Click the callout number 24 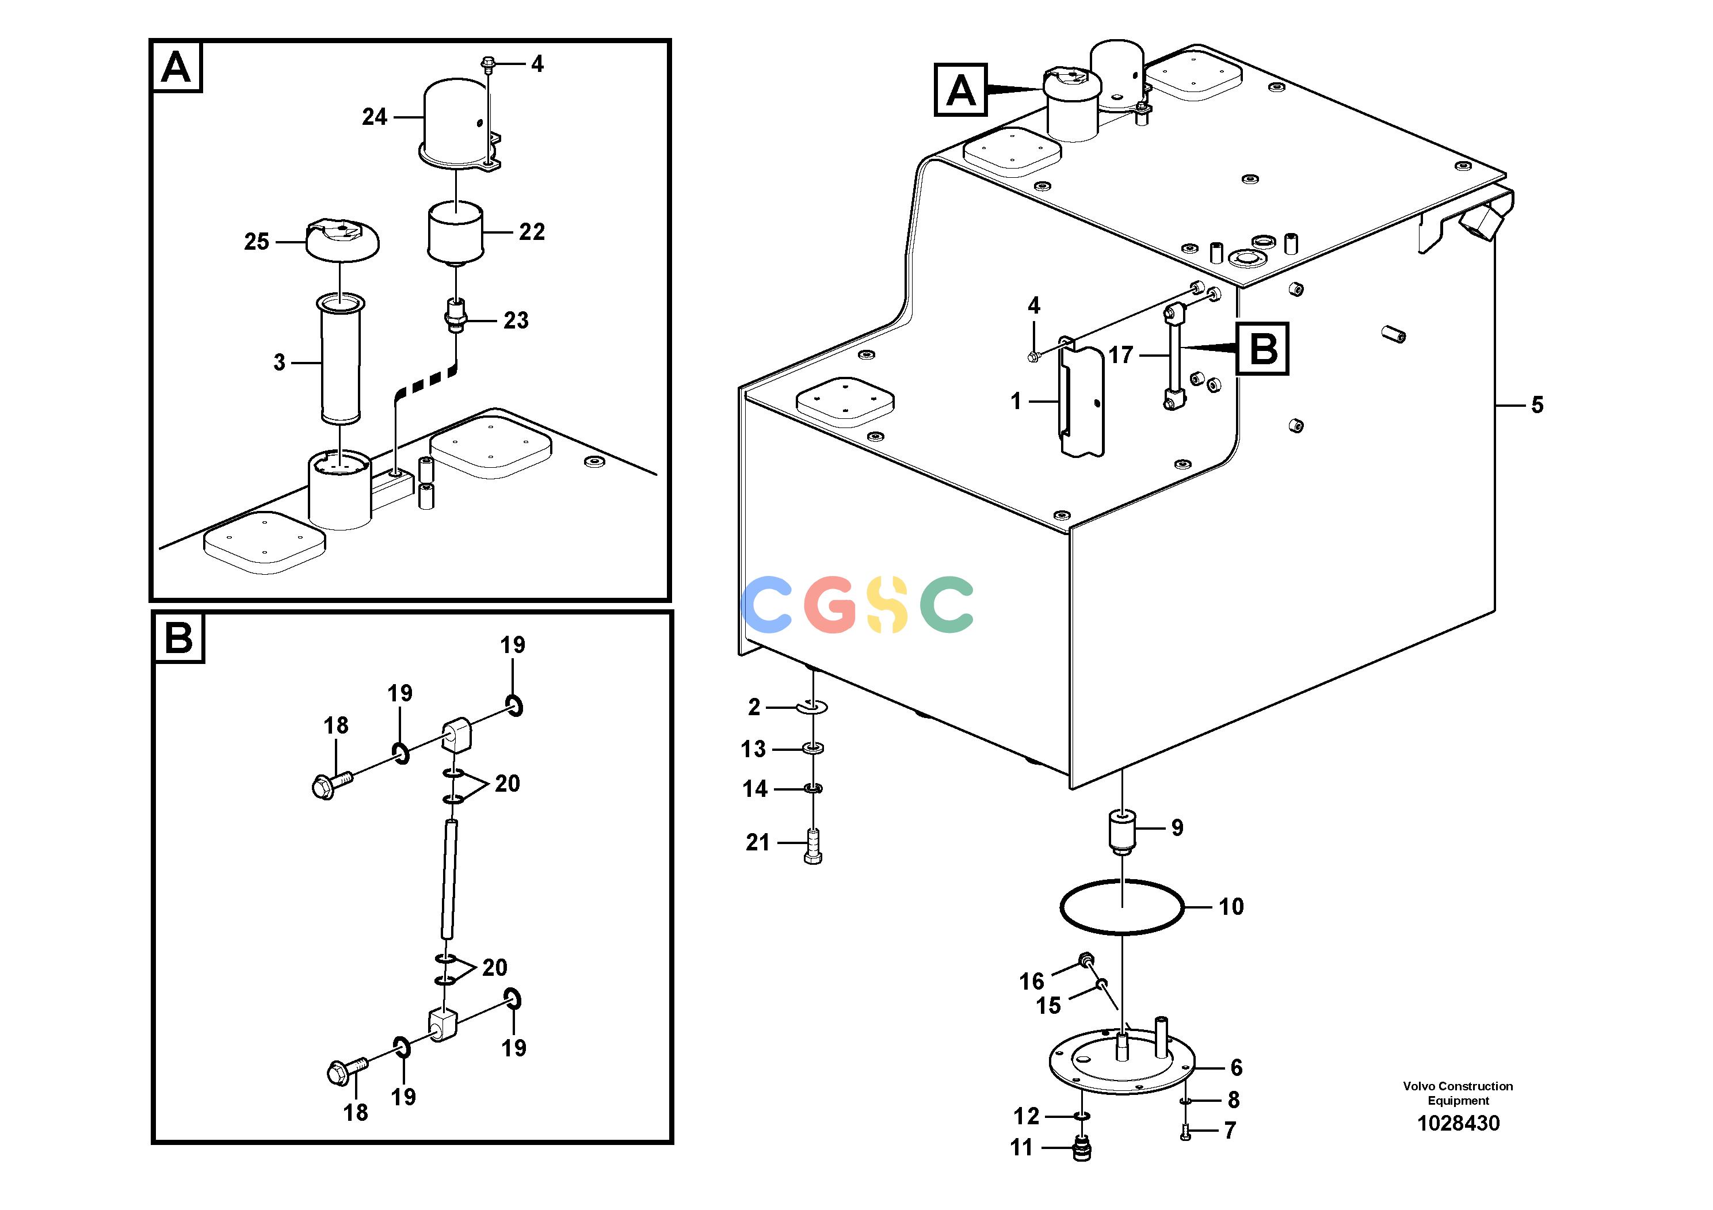pos(375,117)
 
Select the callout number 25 pos(257,242)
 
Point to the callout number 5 pos(1537,405)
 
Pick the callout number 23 pos(516,321)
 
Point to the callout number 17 pos(1120,355)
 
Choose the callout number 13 pos(754,749)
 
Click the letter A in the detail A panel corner pos(176,68)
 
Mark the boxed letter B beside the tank pos(1262,348)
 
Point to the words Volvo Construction pos(1458,1086)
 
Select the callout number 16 pos(1032,982)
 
